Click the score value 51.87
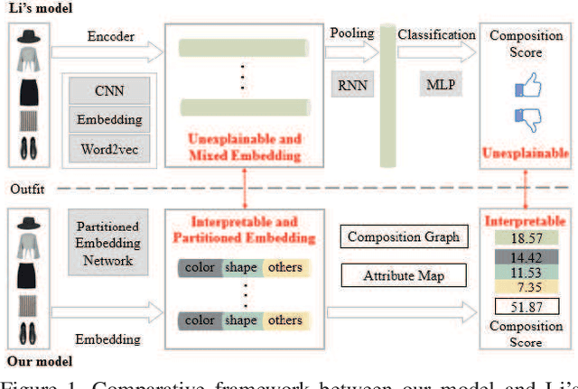click(x=525, y=307)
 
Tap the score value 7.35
click(x=525, y=287)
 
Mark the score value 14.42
click(x=525, y=257)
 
